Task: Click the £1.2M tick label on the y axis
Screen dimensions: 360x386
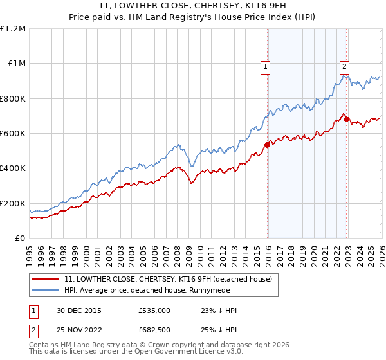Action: (14, 29)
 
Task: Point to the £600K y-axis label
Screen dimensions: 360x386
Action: (14, 134)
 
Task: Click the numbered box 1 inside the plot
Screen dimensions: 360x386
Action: (265, 65)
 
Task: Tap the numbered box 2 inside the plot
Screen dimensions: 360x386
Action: (344, 65)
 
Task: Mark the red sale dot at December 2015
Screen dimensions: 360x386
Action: (268, 145)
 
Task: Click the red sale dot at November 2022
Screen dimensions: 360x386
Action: (346, 119)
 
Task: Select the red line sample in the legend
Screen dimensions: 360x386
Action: (45, 279)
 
